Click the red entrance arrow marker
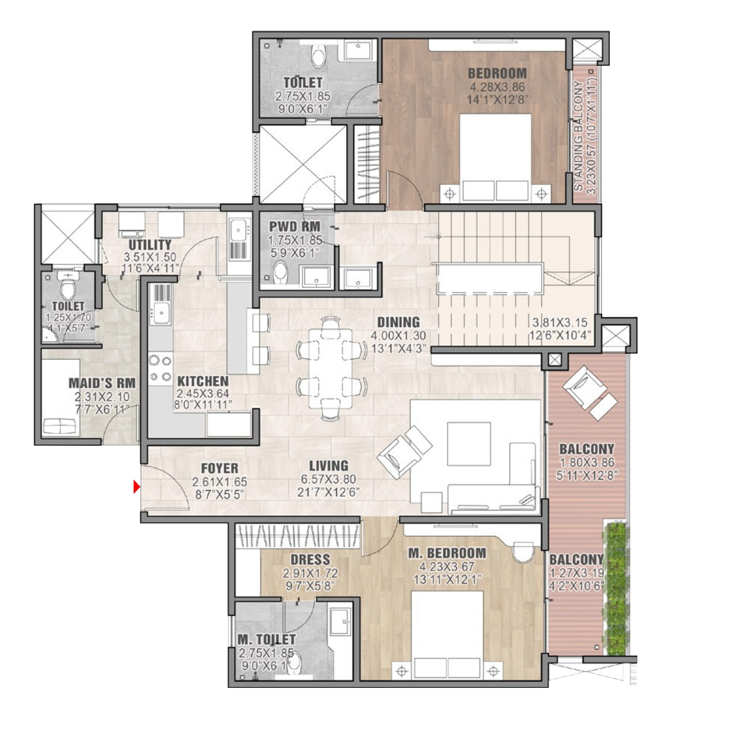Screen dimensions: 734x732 (137, 487)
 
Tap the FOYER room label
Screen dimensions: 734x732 (220, 469)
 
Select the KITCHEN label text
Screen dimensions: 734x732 (203, 381)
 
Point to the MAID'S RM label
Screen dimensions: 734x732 (102, 383)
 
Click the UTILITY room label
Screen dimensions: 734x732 (150, 245)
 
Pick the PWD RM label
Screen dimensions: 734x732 (295, 227)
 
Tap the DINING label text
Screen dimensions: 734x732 (399, 322)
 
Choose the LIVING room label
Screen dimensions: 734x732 (329, 466)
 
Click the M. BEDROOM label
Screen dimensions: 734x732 (447, 553)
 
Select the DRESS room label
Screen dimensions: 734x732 (310, 560)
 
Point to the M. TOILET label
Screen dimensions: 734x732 (266, 640)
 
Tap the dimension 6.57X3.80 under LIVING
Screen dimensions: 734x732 (329, 479)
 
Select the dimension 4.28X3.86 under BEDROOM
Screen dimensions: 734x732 (497, 86)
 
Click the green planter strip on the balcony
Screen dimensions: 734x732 (615, 588)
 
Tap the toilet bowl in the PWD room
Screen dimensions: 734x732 (280, 272)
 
